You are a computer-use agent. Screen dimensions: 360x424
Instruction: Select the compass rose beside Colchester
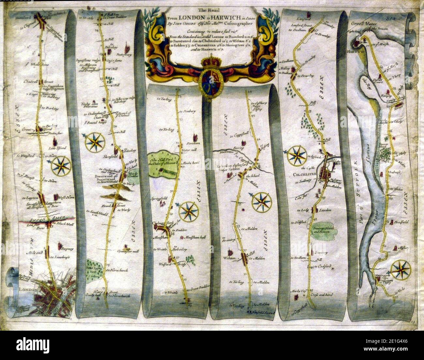[297, 156]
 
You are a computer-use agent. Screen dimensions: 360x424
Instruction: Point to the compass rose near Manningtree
[401, 269]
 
